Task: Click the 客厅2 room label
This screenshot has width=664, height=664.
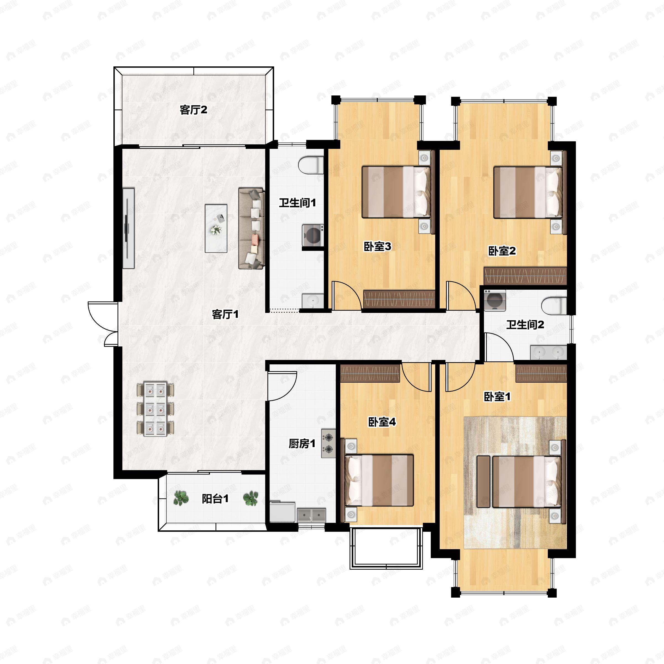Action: pyautogui.click(x=193, y=110)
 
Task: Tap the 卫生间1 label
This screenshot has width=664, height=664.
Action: pyautogui.click(x=297, y=203)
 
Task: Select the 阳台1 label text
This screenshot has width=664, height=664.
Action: pyautogui.click(x=215, y=499)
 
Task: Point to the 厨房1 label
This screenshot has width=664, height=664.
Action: pyautogui.click(x=302, y=444)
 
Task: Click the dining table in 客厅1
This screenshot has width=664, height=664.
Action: pyautogui.click(x=155, y=409)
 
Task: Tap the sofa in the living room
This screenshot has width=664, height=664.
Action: pyautogui.click(x=251, y=228)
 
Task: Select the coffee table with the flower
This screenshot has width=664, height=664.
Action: pyautogui.click(x=216, y=228)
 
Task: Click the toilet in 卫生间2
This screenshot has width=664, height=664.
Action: pyautogui.click(x=554, y=305)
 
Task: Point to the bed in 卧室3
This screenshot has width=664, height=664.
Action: pyautogui.click(x=396, y=192)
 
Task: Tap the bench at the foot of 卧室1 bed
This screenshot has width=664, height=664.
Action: pyautogui.click(x=484, y=482)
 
